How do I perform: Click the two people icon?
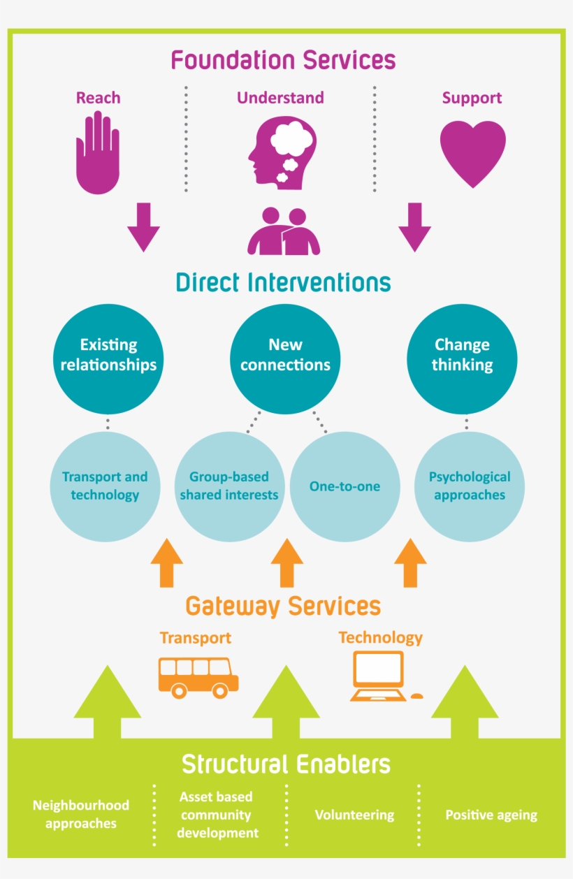(x=284, y=231)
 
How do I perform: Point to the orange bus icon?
(x=198, y=676)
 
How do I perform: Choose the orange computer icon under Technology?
(x=381, y=676)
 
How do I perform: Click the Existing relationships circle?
(x=108, y=359)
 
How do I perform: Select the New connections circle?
(x=285, y=359)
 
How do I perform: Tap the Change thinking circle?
(x=462, y=359)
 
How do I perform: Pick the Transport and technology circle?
(x=105, y=486)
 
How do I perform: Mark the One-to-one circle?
(x=344, y=486)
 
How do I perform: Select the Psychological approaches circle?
(x=470, y=486)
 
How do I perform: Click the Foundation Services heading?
(x=284, y=60)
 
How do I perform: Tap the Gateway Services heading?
(x=284, y=605)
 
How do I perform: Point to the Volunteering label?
(x=354, y=815)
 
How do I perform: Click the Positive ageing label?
(x=491, y=815)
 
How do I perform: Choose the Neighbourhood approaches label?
(x=81, y=815)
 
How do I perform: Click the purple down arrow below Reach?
(x=143, y=227)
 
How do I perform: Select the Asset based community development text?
(x=217, y=815)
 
